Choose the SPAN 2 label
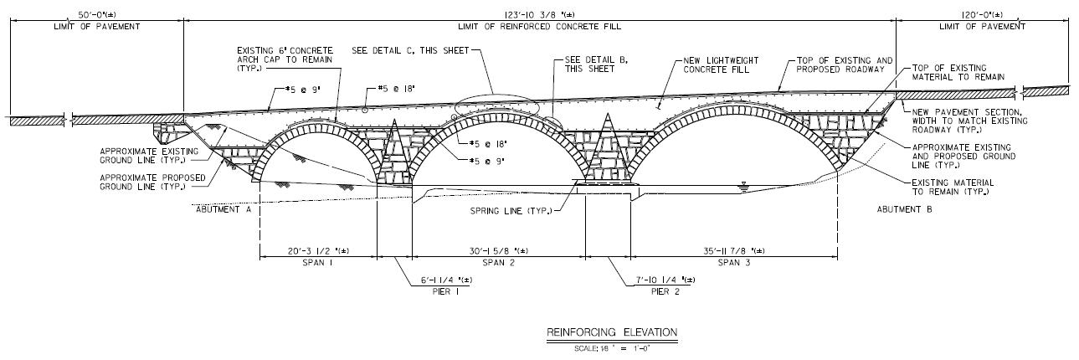click(x=498, y=263)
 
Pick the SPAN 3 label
click(x=734, y=263)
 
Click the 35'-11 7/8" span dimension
click(x=734, y=250)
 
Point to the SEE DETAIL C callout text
click(x=408, y=49)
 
